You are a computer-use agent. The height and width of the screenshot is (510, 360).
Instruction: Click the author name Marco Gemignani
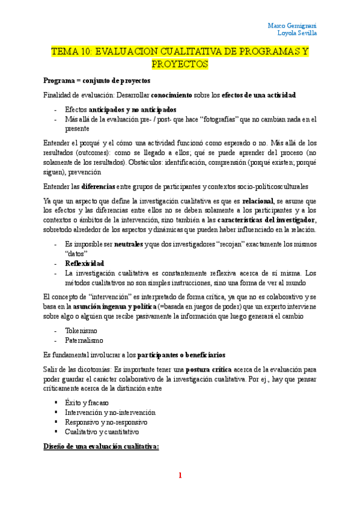(292, 25)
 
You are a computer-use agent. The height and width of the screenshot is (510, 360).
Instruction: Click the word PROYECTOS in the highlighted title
(180, 64)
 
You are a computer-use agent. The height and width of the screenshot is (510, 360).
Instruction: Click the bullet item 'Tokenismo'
(82, 330)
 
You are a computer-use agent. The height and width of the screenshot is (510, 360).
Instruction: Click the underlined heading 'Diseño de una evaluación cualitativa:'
(101, 447)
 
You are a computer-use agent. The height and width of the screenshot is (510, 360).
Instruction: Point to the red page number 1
(179, 475)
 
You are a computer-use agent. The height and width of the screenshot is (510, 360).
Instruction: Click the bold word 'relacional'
(258, 200)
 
